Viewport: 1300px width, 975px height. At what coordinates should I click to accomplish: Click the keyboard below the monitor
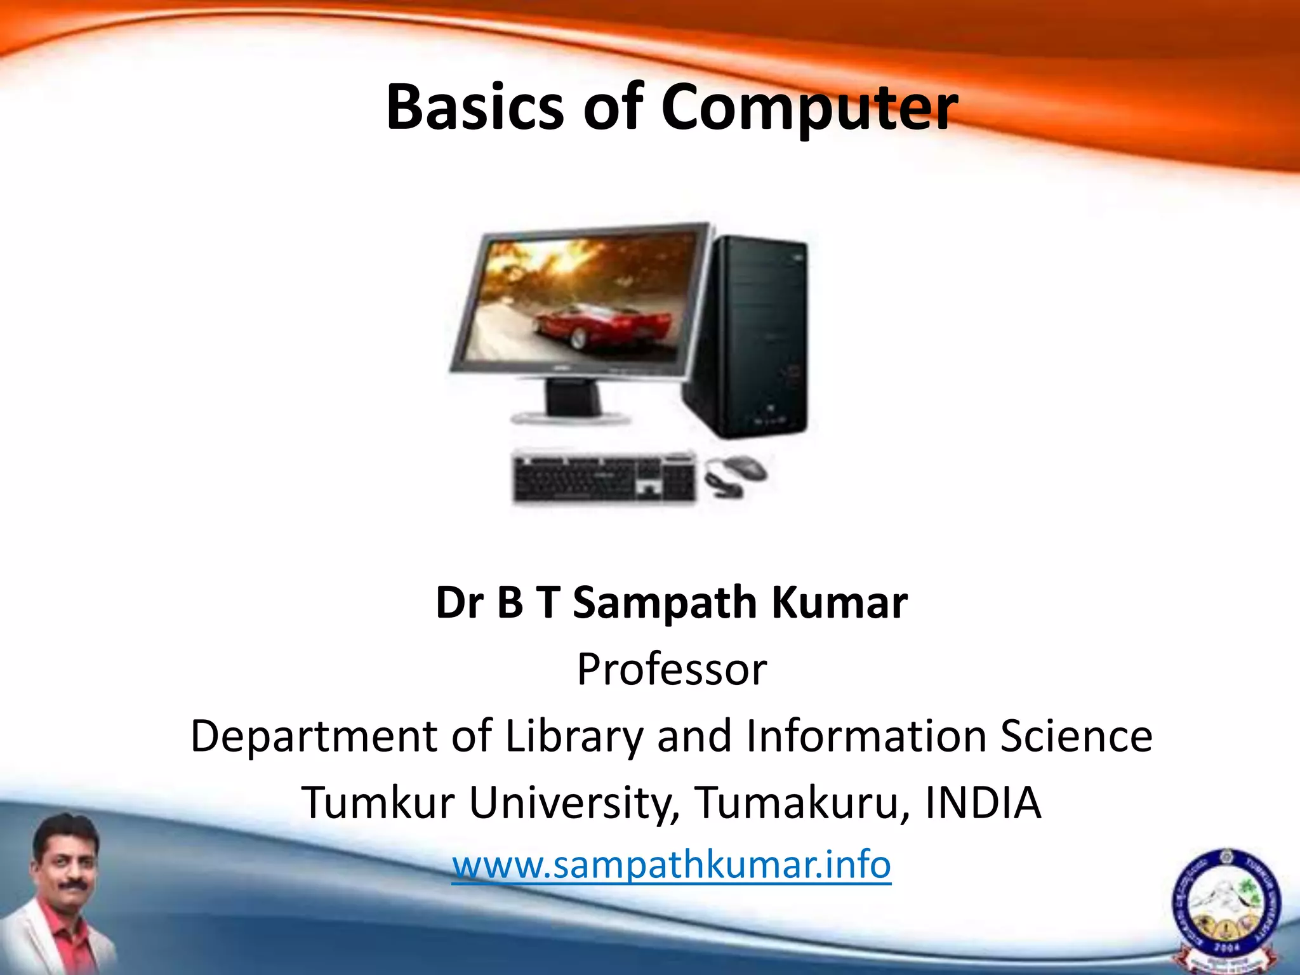603,478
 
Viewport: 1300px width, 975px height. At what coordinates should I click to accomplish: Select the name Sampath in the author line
664,602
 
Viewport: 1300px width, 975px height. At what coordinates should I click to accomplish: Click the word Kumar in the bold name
839,602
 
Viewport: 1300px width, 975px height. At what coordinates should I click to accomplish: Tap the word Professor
672,670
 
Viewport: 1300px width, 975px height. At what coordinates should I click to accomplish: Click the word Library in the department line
574,736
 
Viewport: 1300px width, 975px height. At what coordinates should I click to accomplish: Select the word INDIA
983,803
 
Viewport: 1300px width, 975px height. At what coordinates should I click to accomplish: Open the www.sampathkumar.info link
672,865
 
